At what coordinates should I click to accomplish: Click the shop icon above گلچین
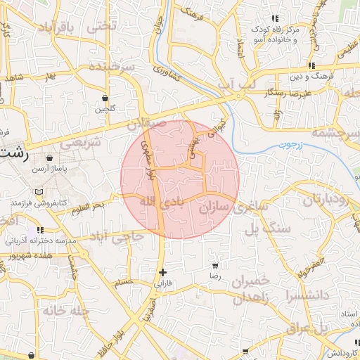click(x=105, y=98)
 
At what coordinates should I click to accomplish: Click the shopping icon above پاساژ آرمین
click(x=49, y=158)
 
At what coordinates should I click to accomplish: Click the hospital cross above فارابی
click(x=163, y=272)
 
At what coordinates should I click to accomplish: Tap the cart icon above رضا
click(x=214, y=266)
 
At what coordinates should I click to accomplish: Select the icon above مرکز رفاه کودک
click(x=274, y=18)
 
